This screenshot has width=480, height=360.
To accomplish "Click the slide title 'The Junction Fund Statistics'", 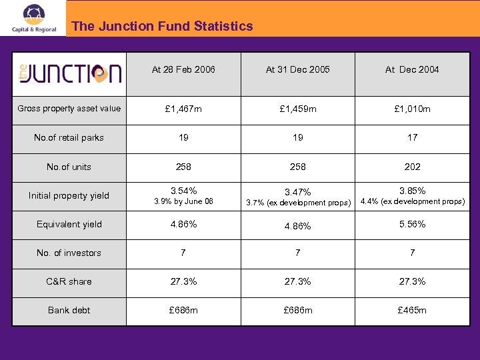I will click(162, 27).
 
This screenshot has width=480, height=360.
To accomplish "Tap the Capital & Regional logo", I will click(34, 19).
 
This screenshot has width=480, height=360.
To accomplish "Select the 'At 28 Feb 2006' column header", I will click(183, 69).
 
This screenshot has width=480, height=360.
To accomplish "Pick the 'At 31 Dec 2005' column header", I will click(297, 69).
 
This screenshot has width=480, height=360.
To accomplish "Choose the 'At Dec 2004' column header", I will click(412, 69).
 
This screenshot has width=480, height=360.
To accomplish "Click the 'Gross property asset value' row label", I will click(69, 109).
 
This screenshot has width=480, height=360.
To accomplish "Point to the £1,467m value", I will click(183, 109).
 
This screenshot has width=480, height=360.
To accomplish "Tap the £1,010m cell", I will click(412, 109).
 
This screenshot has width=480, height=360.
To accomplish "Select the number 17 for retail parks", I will click(412, 137).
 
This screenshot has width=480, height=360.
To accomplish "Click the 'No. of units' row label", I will click(69, 167).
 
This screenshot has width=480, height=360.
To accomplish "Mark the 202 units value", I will click(412, 167).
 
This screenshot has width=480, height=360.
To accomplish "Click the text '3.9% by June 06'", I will click(183, 201).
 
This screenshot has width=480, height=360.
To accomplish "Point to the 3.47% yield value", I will click(297, 191).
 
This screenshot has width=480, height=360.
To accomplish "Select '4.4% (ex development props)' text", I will click(412, 201).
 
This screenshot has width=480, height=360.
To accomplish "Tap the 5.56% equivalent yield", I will click(412, 224).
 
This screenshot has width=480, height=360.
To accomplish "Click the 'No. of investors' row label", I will click(69, 253).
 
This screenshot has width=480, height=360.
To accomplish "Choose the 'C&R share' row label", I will click(69, 281).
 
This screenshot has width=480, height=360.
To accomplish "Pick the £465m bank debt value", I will click(412, 310).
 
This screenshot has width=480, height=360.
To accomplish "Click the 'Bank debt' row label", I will click(69, 310).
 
